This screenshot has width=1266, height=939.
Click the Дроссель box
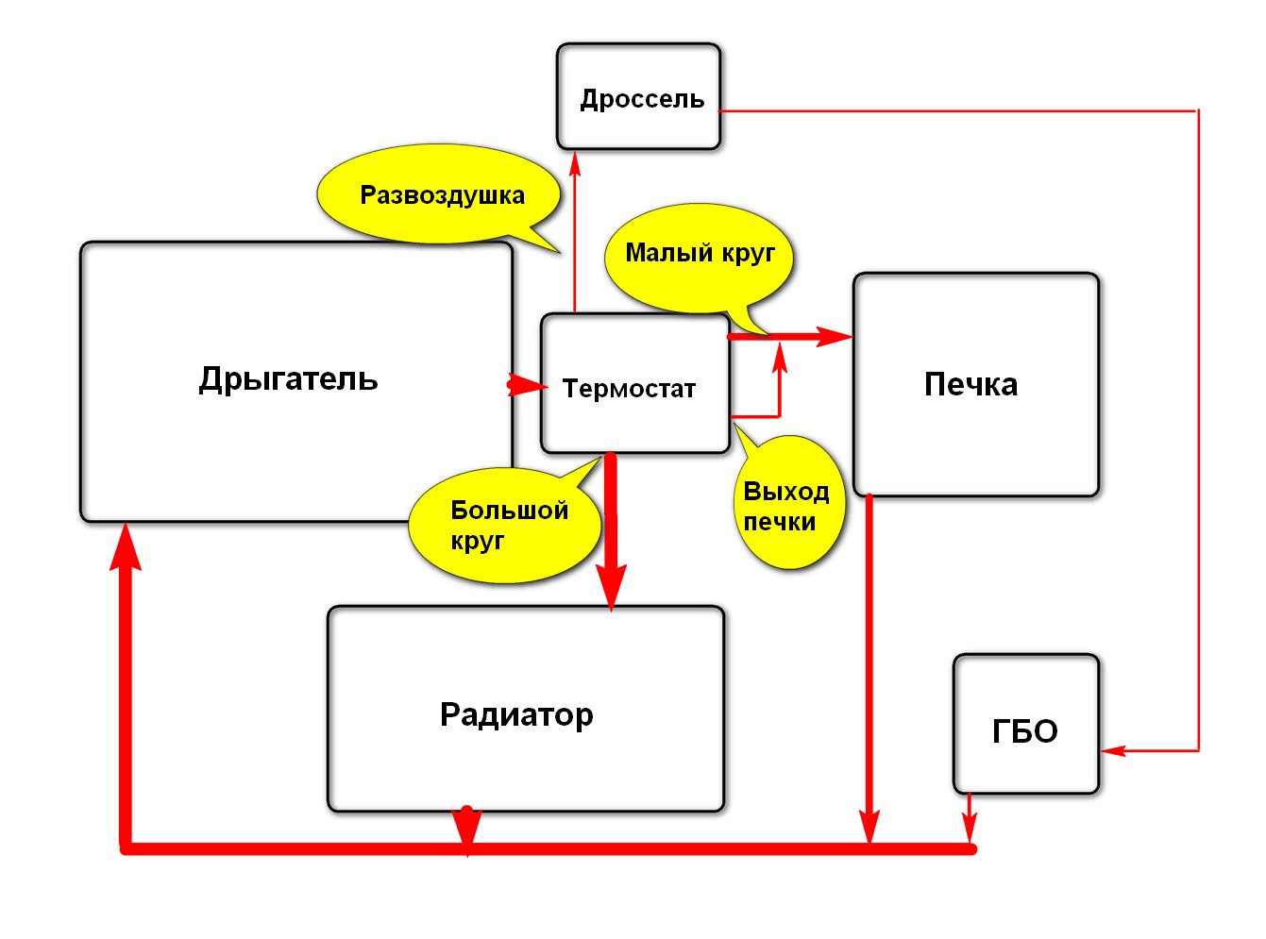638,96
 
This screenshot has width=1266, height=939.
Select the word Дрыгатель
288,379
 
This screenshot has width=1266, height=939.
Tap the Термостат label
629,388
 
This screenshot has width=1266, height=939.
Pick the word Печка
971,384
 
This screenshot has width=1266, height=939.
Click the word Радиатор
516,714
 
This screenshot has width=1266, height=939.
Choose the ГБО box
1025,723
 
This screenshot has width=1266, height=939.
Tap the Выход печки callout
787,499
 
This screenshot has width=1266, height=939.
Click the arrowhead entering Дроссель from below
575,163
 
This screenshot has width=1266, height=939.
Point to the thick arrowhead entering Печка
834,336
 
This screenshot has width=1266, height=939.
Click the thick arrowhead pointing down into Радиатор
611,587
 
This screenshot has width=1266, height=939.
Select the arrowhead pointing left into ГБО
1113,750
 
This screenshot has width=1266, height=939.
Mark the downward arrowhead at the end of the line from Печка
869,826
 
